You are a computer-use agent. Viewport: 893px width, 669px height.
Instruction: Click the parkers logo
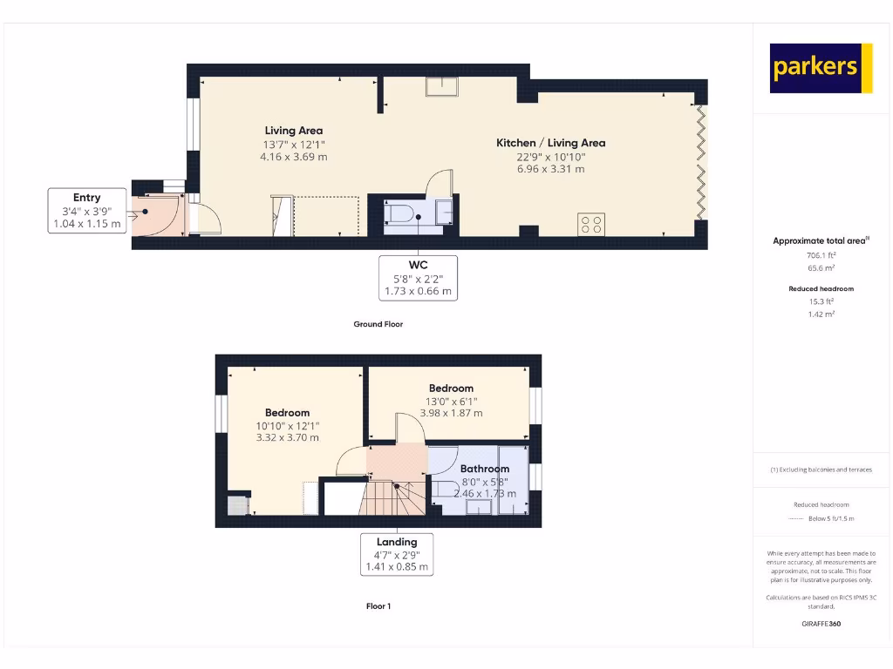(821, 68)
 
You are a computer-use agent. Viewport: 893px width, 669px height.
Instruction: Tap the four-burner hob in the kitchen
(590, 224)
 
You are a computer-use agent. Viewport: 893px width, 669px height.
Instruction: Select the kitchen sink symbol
(443, 85)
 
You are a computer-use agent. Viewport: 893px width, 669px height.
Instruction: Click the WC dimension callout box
(418, 277)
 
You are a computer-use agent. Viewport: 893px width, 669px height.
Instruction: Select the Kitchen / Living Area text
(550, 143)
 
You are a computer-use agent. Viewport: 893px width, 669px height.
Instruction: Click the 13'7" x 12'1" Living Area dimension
(293, 144)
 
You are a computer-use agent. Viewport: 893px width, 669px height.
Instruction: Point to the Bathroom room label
(484, 469)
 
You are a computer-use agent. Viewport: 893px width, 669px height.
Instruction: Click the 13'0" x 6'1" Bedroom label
(451, 402)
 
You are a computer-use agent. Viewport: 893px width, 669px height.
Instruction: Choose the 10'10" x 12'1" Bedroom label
(287, 425)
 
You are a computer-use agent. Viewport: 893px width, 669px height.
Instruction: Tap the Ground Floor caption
(378, 324)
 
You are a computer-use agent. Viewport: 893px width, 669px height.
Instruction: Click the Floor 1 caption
(378, 606)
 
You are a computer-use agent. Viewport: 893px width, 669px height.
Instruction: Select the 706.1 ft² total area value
(821, 256)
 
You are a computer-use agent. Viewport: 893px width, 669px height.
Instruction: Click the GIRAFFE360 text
(821, 624)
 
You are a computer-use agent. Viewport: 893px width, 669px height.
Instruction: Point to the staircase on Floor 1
(395, 497)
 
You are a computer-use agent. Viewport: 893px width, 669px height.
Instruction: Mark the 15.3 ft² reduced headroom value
(821, 303)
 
